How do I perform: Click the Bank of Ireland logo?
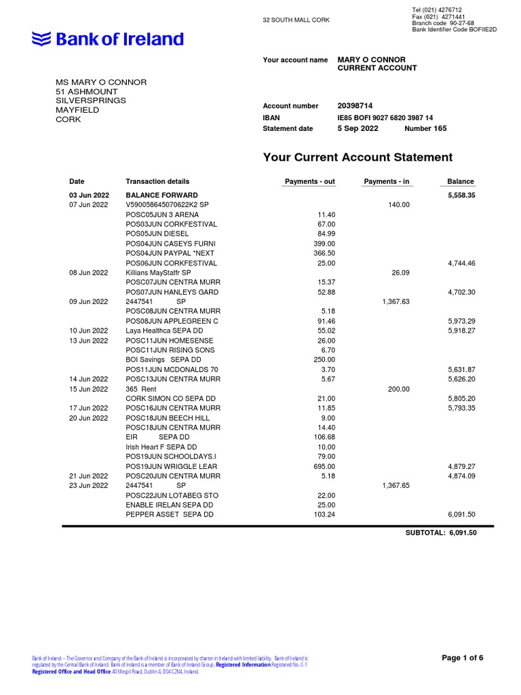108,39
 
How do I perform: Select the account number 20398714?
355,106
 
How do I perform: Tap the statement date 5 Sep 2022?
358,128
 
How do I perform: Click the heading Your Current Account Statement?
357,157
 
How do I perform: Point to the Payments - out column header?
309,182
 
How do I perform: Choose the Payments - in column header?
387,182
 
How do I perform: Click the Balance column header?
461,182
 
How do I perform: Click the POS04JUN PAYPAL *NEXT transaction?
167,253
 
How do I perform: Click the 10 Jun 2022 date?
88,331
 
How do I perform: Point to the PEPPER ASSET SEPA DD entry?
170,515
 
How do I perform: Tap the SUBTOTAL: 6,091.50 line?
441,533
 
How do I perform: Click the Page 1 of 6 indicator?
463,658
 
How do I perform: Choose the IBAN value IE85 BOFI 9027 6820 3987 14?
385,117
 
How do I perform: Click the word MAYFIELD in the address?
77,110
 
